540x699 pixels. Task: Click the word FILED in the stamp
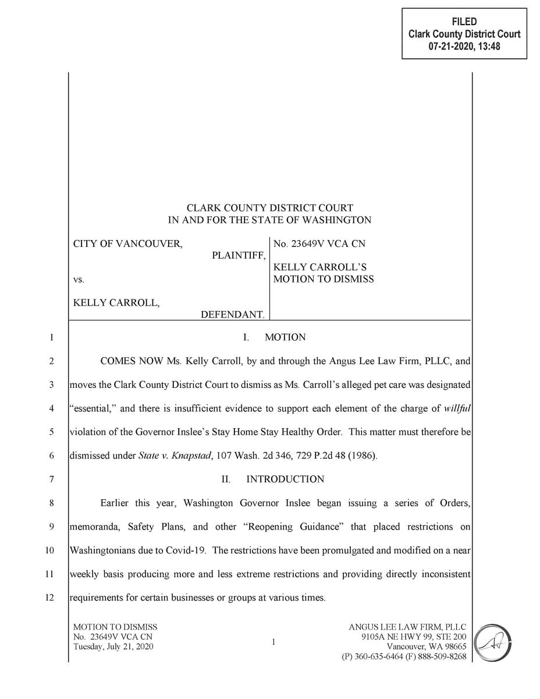click(464, 22)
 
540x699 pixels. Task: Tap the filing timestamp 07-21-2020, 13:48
click(464, 47)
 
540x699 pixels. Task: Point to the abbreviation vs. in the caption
click(79, 280)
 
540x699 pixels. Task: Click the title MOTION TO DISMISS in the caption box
click(324, 279)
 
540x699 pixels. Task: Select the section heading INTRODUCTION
click(285, 479)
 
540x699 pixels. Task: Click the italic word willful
click(457, 408)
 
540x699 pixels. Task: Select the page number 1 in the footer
click(273, 642)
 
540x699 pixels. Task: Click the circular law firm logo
click(489, 642)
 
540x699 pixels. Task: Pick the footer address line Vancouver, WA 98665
click(427, 647)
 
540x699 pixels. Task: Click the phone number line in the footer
click(404, 656)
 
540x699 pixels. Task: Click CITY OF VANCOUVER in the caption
click(127, 244)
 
